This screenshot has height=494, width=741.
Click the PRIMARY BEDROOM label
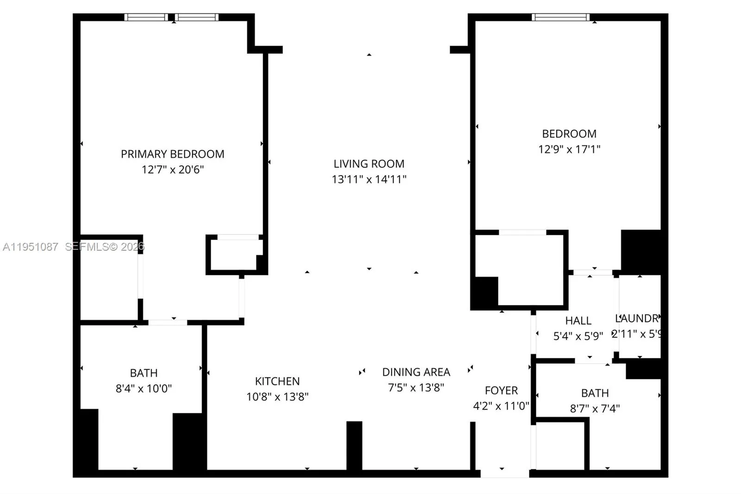[172, 154]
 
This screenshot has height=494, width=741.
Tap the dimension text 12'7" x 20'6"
[172, 170]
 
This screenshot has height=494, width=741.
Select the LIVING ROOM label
[369, 164]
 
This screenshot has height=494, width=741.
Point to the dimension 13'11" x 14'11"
[369, 179]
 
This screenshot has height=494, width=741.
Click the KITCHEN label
[277, 381]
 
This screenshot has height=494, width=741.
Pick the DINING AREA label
[416, 372]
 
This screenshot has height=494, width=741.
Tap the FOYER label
[501, 391]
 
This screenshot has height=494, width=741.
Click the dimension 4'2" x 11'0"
[501, 406]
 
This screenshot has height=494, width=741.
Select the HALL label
[578, 321]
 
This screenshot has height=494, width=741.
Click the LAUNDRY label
[637, 318]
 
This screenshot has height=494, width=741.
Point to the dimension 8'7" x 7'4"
[595, 408]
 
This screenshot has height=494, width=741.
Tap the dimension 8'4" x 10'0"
[144, 388]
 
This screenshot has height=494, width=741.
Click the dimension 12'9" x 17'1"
[569, 149]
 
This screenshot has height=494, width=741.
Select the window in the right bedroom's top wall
[560, 18]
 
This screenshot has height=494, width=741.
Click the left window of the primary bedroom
[146, 18]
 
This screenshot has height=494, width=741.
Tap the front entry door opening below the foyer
[504, 473]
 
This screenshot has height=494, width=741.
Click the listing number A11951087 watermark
[31, 247]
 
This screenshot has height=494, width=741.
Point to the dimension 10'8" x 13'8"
[277, 397]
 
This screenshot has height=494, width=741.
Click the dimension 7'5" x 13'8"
[416, 387]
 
